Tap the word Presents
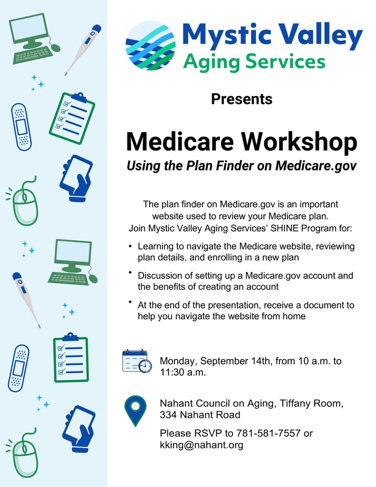click(241, 99)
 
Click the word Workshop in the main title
click(299, 142)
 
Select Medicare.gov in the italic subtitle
click(316, 166)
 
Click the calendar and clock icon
click(137, 361)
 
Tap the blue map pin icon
click(135, 411)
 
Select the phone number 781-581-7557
click(269, 433)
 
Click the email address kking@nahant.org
click(202, 445)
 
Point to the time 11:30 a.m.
click(183, 372)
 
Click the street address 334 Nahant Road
click(200, 415)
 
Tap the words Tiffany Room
click(311, 403)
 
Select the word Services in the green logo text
click(285, 61)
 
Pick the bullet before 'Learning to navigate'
click(130, 246)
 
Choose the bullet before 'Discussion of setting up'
click(130, 272)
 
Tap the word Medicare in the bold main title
click(180, 142)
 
